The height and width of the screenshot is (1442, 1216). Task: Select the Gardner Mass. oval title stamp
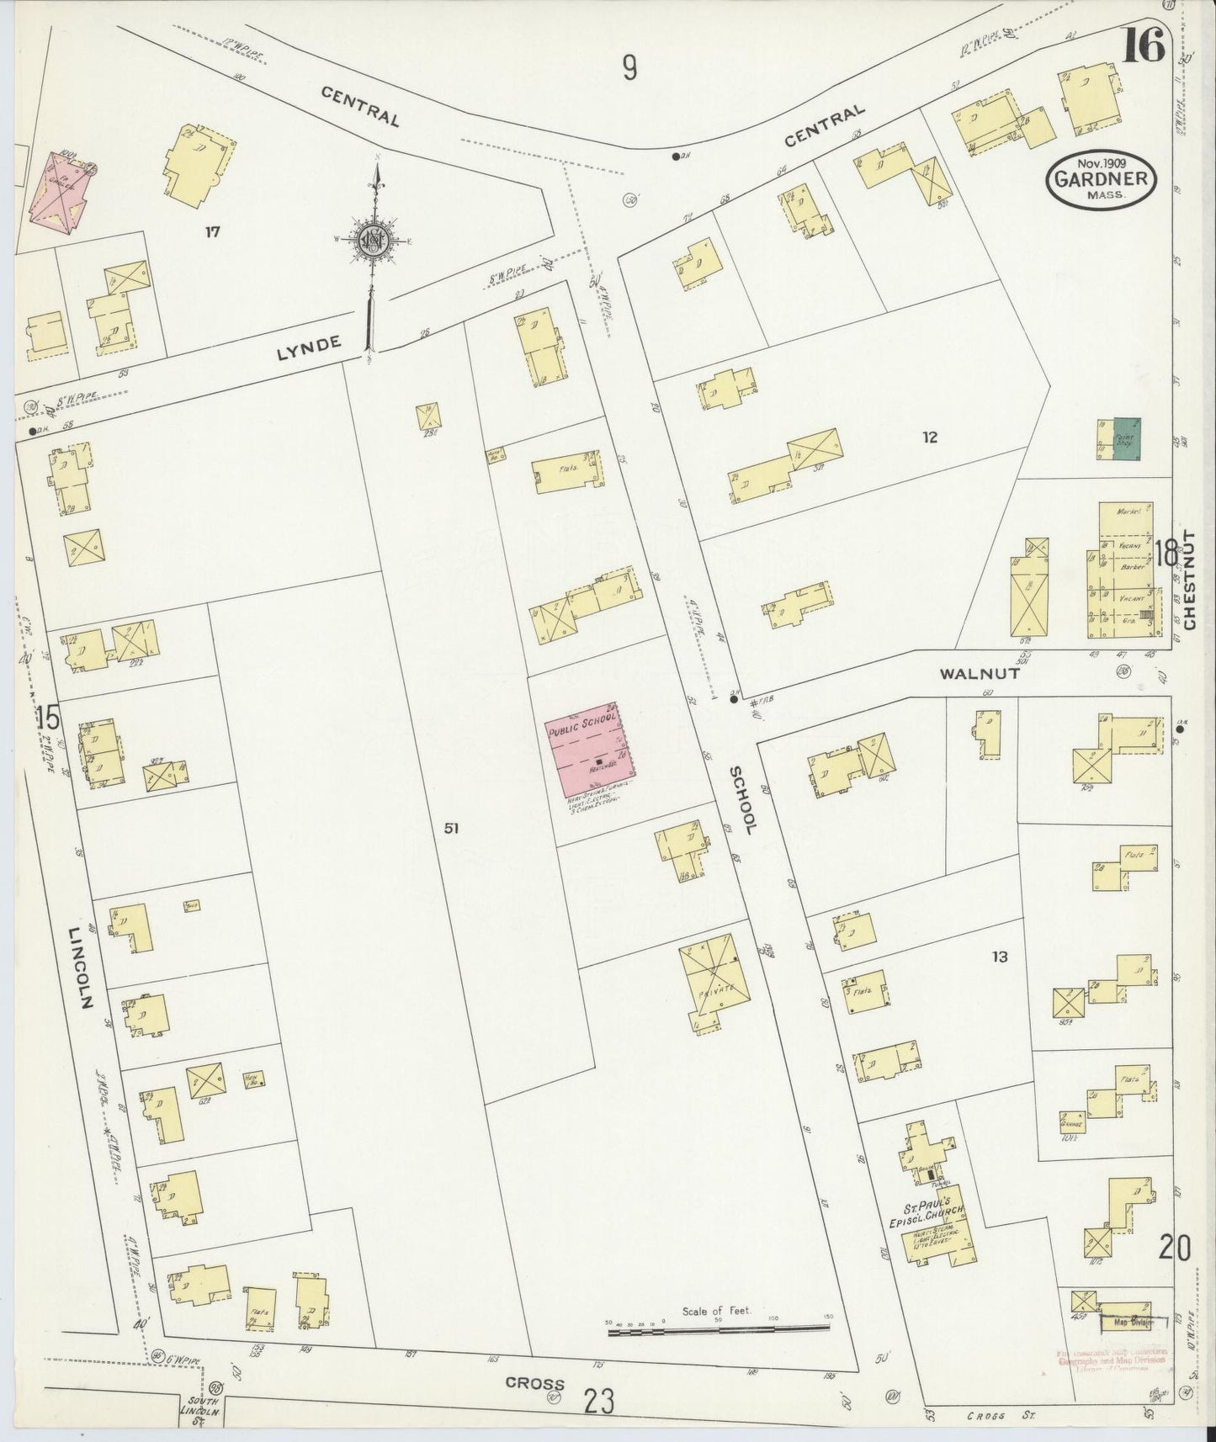1102,178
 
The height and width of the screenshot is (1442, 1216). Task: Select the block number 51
452,829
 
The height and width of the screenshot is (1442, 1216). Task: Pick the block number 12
929,437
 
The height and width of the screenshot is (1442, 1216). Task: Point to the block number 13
999,957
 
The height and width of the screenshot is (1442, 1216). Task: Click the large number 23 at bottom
599,1402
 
